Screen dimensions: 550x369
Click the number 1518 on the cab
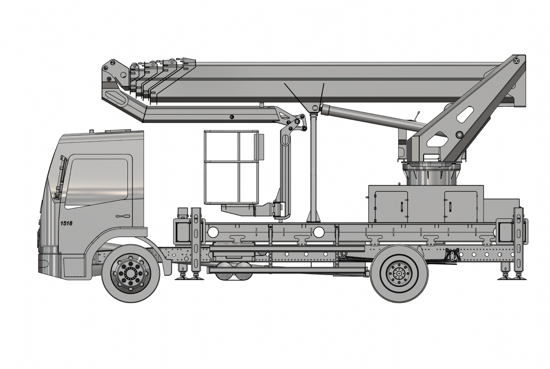[66, 223]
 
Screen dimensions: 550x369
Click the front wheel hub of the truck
[131, 273]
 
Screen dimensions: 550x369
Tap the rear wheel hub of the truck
[399, 274]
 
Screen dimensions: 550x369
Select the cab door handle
[123, 216]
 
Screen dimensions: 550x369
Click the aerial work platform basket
[231, 167]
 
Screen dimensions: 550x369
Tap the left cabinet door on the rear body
[391, 207]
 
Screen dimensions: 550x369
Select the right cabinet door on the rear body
[461, 207]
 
